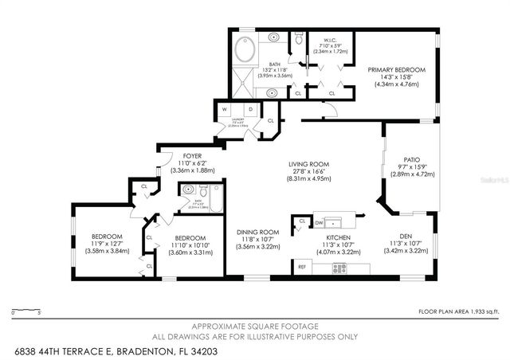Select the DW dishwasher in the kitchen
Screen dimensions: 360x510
tap(318, 223)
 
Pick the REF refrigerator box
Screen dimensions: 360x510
tap(303, 268)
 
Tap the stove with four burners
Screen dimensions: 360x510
tap(339, 268)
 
